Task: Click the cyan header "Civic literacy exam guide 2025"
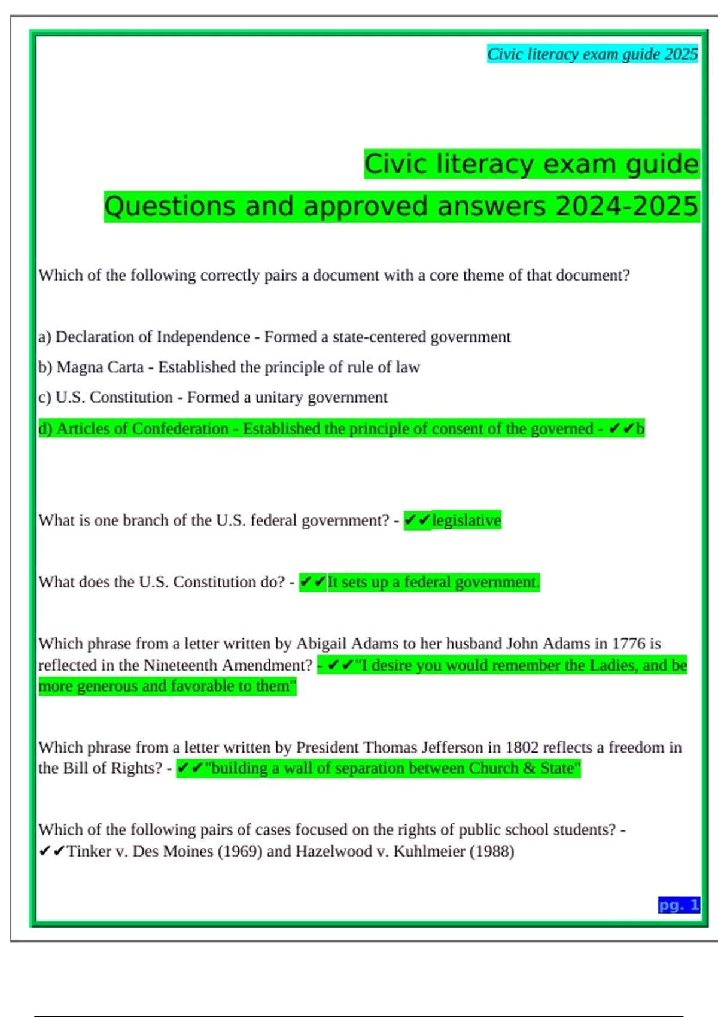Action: click(592, 54)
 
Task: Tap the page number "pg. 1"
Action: click(679, 905)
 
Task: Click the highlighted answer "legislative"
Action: click(466, 520)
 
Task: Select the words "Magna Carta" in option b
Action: click(100, 367)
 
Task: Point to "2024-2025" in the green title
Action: click(626, 206)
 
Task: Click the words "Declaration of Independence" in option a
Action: click(153, 337)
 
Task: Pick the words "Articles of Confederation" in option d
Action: click(142, 428)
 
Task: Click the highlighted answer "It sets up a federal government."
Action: click(433, 581)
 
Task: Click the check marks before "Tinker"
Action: click(51, 851)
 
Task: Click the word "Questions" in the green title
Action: click(169, 206)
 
